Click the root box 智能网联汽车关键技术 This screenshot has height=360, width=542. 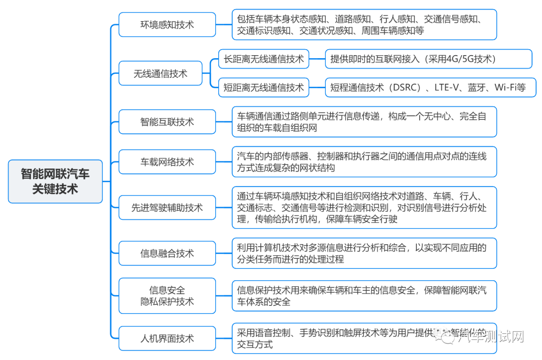(x=55, y=181)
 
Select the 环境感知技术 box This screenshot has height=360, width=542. (x=167, y=24)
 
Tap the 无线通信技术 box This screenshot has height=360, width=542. (x=160, y=73)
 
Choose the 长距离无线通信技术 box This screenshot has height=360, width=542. (x=263, y=59)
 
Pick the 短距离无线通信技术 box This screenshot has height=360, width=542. (x=263, y=88)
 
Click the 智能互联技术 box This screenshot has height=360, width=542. (x=167, y=121)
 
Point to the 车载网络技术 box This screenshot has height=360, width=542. (x=167, y=162)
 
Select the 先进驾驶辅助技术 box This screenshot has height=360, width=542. (x=167, y=208)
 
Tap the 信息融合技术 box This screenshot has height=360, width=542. (x=167, y=253)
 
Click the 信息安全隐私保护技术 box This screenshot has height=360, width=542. (x=167, y=296)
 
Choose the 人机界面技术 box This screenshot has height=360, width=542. (x=167, y=338)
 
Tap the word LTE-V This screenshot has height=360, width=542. (x=446, y=88)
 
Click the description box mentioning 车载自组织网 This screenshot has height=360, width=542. (x=364, y=122)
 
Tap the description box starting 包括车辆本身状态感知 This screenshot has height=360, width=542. (x=364, y=25)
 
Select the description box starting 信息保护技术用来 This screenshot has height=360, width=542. (x=364, y=296)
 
